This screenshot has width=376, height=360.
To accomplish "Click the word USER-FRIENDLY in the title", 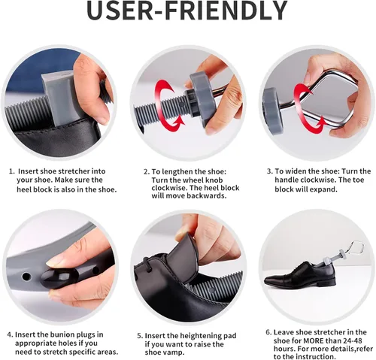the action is coord(186,11).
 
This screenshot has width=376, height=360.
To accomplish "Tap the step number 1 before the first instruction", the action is coord(11,171).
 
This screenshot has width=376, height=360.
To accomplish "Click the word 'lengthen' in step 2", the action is coord(177,172).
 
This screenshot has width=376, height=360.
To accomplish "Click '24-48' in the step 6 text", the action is coord(351,341).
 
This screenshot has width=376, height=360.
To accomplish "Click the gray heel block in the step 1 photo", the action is coord(58,98).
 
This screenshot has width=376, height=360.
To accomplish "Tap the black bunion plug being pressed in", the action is coord(59,276).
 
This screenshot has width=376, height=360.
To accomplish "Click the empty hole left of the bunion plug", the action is coord(26,277).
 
